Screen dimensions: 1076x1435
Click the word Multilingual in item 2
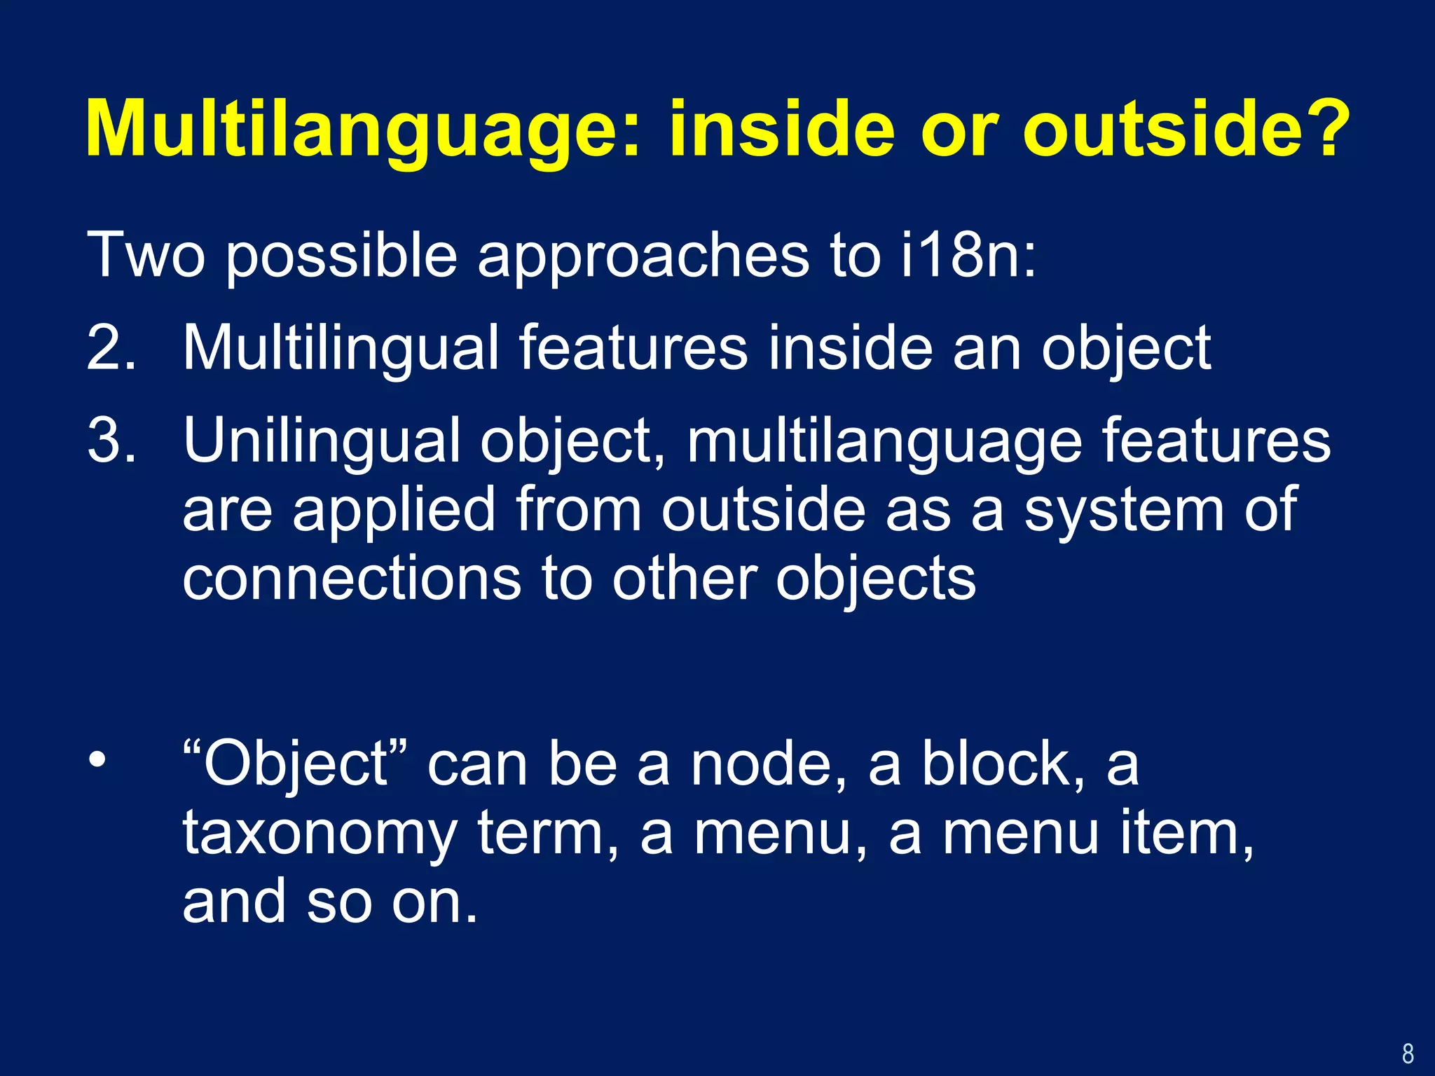(341, 349)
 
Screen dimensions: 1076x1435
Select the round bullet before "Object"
(97, 759)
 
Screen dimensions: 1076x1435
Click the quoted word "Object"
(294, 765)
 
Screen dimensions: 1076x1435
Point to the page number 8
(1408, 1053)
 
